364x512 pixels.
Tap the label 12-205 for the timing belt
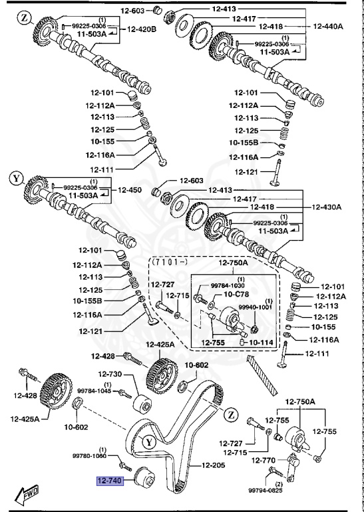[x=206, y=465]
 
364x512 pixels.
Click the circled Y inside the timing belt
[x=149, y=441]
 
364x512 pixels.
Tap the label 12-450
[x=130, y=190]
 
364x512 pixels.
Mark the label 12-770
[x=264, y=459]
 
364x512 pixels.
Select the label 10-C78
[x=238, y=293]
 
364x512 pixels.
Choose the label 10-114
[x=262, y=342]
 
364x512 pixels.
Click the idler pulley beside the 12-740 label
[x=144, y=479]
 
